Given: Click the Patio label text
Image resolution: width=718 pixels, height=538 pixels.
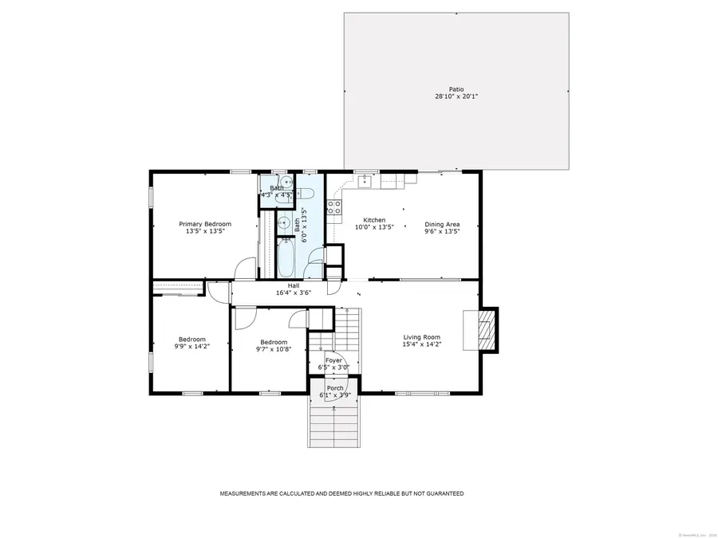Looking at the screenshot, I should pos(456,88).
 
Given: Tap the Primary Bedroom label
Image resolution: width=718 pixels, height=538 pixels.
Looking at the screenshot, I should pos(205,224).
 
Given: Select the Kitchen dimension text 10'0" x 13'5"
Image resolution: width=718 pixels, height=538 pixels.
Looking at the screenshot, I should pos(374,228).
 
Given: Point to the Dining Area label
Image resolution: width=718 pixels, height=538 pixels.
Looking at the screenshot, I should pos(441,224).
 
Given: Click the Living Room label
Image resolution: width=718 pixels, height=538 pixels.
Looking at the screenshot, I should pos(421,337).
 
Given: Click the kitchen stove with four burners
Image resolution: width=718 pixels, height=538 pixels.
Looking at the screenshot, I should pos(334,208).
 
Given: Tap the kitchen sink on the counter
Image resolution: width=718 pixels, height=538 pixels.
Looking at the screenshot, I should pos(364,181).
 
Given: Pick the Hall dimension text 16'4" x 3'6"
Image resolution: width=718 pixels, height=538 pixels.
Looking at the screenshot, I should pos(293,293).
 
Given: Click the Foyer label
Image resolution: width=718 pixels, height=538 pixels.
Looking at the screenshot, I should pos(333,360).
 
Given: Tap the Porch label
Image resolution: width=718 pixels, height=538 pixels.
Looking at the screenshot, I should pos(335,387).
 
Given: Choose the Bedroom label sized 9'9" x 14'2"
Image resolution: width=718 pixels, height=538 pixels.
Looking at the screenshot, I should pos(191,339).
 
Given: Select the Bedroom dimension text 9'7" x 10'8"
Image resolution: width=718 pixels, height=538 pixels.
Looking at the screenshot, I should pos(273,348).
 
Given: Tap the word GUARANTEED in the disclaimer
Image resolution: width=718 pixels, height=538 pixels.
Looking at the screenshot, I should pos(444,494).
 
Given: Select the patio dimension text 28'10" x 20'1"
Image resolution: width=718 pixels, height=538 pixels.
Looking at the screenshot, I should pos(456,96).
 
